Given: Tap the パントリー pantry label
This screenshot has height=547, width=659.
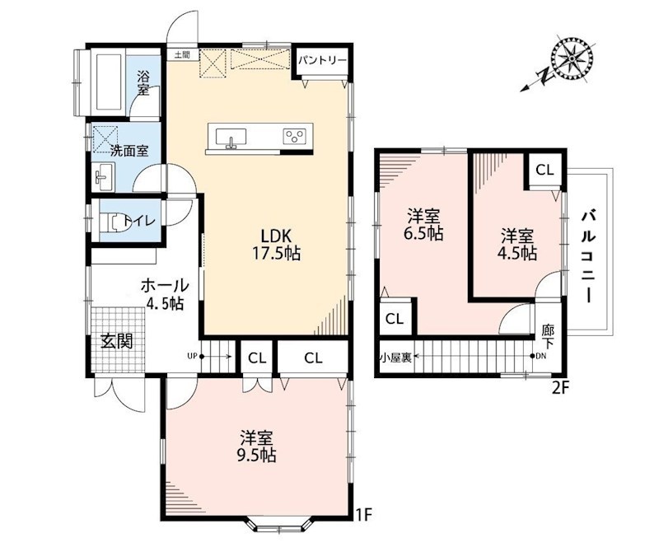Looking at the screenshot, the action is [323, 60].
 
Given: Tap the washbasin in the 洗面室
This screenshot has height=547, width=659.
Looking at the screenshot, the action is [104, 176].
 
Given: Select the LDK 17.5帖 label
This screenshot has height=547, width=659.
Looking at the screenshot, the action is [276, 245].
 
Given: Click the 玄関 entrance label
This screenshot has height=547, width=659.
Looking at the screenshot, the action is [116, 340].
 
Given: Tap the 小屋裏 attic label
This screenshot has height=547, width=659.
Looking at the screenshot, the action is [395, 358].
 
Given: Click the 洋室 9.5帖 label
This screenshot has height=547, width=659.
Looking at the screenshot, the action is [256, 446].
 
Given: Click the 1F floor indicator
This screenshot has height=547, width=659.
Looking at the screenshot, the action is [365, 515].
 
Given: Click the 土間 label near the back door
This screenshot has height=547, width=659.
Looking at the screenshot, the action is [182, 54].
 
